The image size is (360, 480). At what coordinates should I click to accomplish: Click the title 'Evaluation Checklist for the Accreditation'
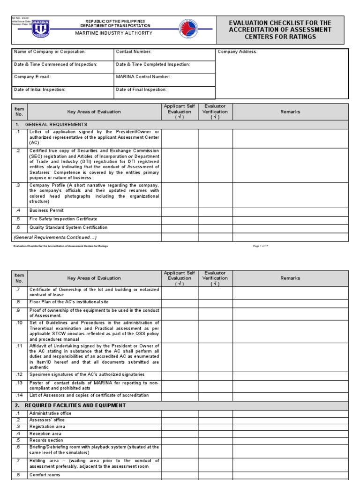(x=279, y=30)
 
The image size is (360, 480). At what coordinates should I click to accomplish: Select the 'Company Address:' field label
(x=238, y=52)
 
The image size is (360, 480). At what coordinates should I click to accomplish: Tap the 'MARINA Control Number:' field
(x=143, y=77)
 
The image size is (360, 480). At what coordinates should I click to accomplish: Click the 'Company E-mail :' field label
(x=33, y=77)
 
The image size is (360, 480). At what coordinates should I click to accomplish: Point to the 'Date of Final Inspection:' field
(x=141, y=89)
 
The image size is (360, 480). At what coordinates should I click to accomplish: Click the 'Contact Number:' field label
(x=134, y=52)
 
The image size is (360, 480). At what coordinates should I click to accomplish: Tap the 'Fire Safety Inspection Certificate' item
(x=63, y=219)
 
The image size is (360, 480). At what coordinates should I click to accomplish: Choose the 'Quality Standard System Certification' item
(x=68, y=228)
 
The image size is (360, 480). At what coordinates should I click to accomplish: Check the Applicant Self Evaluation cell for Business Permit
(x=180, y=211)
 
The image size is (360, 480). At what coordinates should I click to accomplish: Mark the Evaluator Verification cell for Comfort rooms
(x=215, y=474)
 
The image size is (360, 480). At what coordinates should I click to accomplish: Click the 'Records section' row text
(x=46, y=441)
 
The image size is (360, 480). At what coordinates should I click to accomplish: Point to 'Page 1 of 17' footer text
(x=260, y=246)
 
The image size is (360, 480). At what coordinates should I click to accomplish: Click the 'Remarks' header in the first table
(x=290, y=112)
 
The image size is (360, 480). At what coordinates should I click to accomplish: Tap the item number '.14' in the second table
(x=19, y=396)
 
